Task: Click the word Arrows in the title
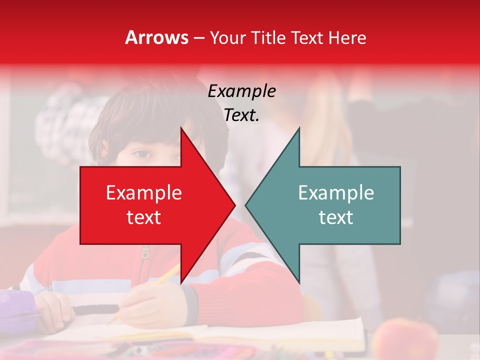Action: coord(156,37)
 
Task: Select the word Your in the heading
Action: coord(227,37)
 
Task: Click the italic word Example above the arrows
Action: coord(241,91)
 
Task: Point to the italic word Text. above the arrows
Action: coord(241,115)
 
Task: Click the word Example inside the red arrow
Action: coord(144,193)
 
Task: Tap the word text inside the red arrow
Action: coord(144,217)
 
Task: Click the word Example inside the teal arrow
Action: coord(336,193)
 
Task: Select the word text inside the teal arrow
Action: coord(336,217)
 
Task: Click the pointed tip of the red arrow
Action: coord(234,204)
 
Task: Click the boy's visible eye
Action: coord(141,154)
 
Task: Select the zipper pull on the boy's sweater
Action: coord(145,253)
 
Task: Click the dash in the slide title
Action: coord(199,38)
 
